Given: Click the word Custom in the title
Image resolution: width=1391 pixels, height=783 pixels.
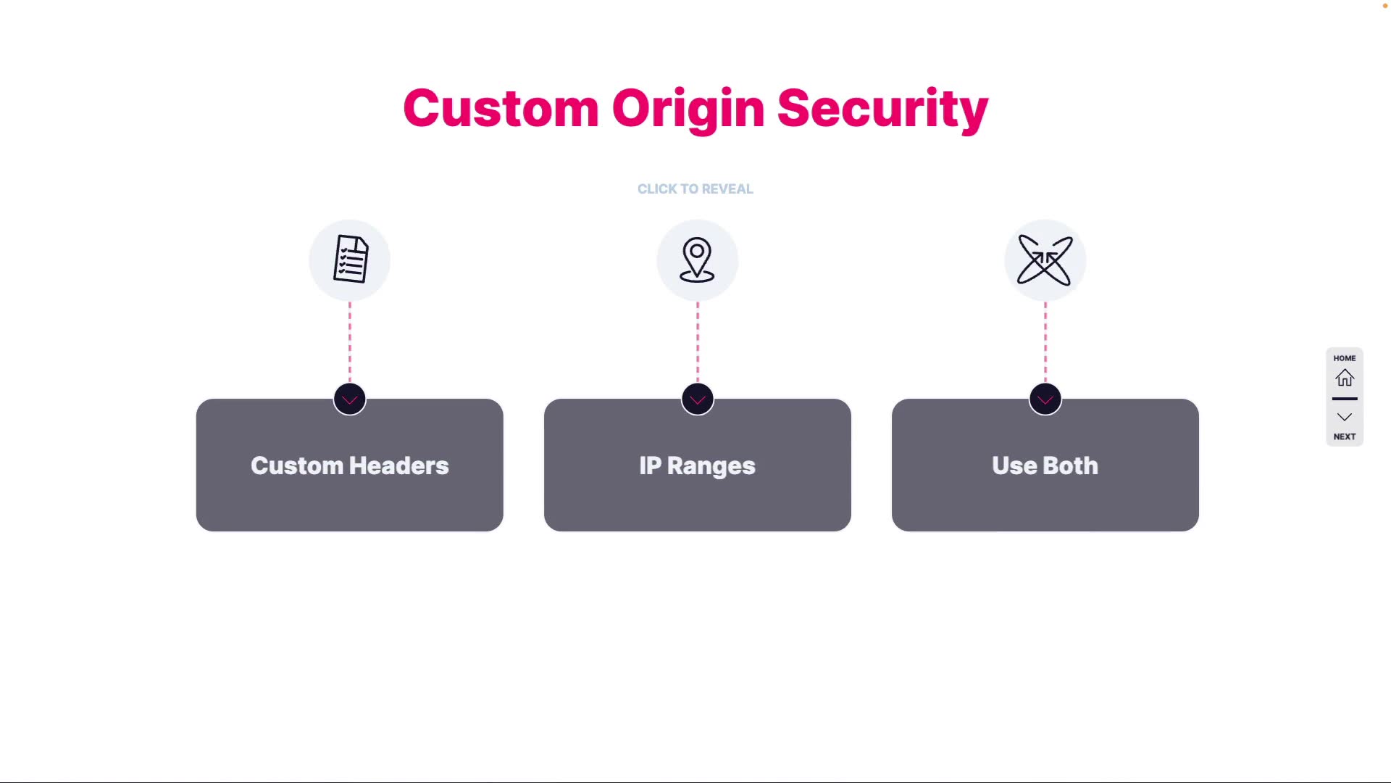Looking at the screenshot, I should point(500,109).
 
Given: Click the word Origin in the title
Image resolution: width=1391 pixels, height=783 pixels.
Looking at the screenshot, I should point(688,109).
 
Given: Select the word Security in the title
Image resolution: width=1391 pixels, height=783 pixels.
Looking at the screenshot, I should point(882,109).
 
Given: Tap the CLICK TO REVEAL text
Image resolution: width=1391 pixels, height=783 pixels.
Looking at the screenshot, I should point(695,189).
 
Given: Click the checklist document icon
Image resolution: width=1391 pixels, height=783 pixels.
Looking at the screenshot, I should point(350,260).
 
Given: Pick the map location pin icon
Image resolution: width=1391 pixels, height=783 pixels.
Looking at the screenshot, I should point(697,260).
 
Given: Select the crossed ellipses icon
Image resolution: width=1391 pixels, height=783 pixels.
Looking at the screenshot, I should point(1045,260).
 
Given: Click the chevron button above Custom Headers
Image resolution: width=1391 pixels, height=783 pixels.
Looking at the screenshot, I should point(350,399).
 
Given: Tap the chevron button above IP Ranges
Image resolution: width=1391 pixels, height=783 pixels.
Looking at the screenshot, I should point(698,399).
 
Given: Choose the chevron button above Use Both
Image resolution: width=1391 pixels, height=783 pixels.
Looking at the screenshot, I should point(1045,399).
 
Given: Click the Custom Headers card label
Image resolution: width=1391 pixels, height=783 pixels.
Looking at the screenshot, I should point(350,465).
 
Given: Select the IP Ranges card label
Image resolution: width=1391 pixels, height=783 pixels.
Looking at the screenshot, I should point(697,465).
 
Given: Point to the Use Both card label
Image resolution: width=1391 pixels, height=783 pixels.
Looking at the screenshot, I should point(1045,465).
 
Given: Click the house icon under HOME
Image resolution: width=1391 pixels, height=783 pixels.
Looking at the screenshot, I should point(1345,378).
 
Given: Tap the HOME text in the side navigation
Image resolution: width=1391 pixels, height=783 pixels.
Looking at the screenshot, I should point(1345,358).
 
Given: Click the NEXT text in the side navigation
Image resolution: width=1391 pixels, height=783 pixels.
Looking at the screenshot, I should point(1345,436).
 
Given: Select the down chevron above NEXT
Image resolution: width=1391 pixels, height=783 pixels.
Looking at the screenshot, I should point(1345,417).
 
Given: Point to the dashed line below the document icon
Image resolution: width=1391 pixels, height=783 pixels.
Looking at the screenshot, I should point(350,341).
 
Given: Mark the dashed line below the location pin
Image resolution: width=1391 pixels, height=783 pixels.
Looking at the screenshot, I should point(698,341).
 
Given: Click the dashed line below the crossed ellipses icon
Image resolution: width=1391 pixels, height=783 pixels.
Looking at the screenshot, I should point(1045,341).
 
